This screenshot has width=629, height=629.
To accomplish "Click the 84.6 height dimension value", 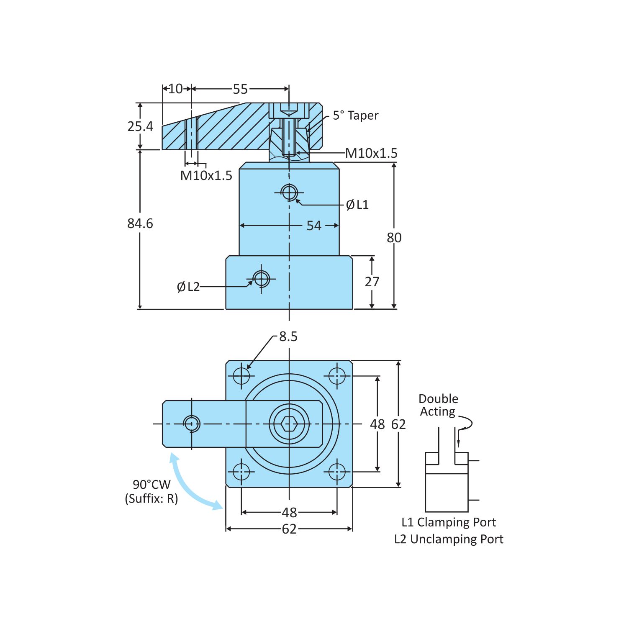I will click(x=140, y=223).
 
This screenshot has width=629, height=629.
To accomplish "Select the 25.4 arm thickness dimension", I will click(x=140, y=126).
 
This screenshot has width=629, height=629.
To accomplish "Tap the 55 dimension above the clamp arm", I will click(x=240, y=89).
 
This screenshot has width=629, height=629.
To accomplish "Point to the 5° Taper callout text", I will click(x=355, y=116).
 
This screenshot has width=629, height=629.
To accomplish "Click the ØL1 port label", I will click(x=357, y=205).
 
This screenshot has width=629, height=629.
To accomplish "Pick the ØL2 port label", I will click(x=188, y=287).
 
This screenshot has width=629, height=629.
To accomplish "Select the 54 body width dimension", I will click(x=314, y=226).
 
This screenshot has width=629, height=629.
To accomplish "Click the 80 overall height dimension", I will click(x=394, y=238).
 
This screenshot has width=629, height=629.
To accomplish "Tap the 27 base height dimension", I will click(x=372, y=282).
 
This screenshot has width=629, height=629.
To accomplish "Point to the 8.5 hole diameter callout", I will click(x=288, y=336).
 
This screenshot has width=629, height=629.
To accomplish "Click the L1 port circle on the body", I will click(x=289, y=193).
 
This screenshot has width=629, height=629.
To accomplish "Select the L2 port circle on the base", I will click(x=261, y=278).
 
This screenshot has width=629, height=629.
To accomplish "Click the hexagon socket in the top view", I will click(x=289, y=424).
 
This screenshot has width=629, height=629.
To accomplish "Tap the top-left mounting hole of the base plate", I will click(x=241, y=375).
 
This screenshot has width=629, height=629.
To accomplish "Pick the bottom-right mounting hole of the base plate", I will click(x=337, y=472).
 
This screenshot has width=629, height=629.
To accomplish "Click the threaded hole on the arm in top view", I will click(x=192, y=424).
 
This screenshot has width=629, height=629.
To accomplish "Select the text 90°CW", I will click(x=151, y=485).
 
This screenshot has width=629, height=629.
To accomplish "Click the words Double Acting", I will click(x=438, y=405).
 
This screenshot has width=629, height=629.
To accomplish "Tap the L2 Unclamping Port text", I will click(x=449, y=539).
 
